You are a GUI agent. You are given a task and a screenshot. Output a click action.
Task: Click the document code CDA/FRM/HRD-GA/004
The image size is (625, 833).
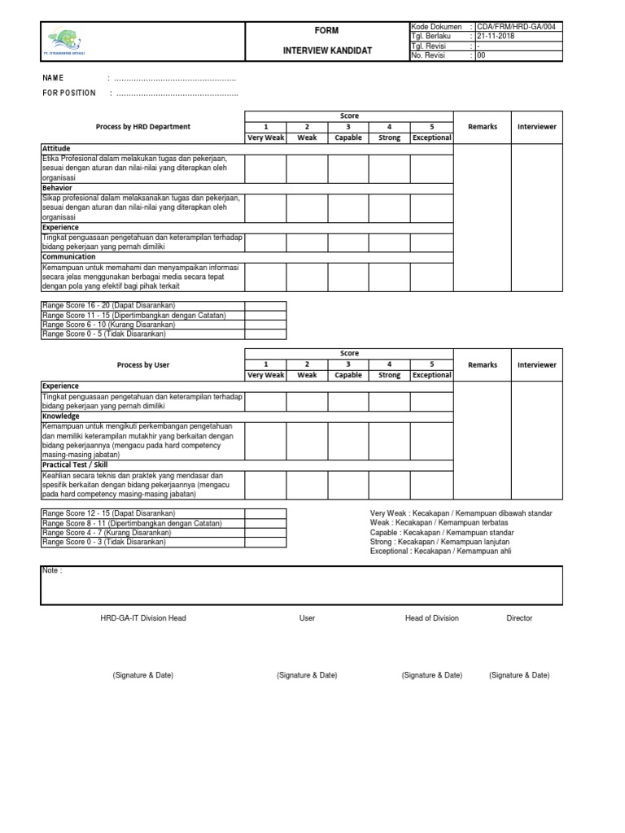516,27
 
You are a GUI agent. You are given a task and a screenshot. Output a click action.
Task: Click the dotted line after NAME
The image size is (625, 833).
174,78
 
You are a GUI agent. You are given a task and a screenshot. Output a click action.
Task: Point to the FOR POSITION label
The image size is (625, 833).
69,94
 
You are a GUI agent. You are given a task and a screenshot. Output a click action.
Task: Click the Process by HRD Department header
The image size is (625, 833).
143,127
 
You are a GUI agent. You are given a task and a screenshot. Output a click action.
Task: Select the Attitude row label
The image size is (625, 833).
56,149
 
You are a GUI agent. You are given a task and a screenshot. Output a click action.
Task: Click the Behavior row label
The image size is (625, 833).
57,188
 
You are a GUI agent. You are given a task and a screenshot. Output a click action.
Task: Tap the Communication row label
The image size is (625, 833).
68,257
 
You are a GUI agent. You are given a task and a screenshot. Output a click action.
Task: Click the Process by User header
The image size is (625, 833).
143,365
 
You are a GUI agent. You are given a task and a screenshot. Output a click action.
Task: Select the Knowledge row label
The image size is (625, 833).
61,416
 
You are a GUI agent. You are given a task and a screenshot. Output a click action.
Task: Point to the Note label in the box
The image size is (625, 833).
51,571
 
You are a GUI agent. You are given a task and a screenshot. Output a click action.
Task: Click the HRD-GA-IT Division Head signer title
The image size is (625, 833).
143,618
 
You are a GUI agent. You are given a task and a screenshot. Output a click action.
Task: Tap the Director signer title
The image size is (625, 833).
519,618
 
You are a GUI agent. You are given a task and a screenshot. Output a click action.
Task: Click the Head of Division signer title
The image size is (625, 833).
431,618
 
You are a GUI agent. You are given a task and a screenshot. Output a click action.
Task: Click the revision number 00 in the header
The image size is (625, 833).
481,56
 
